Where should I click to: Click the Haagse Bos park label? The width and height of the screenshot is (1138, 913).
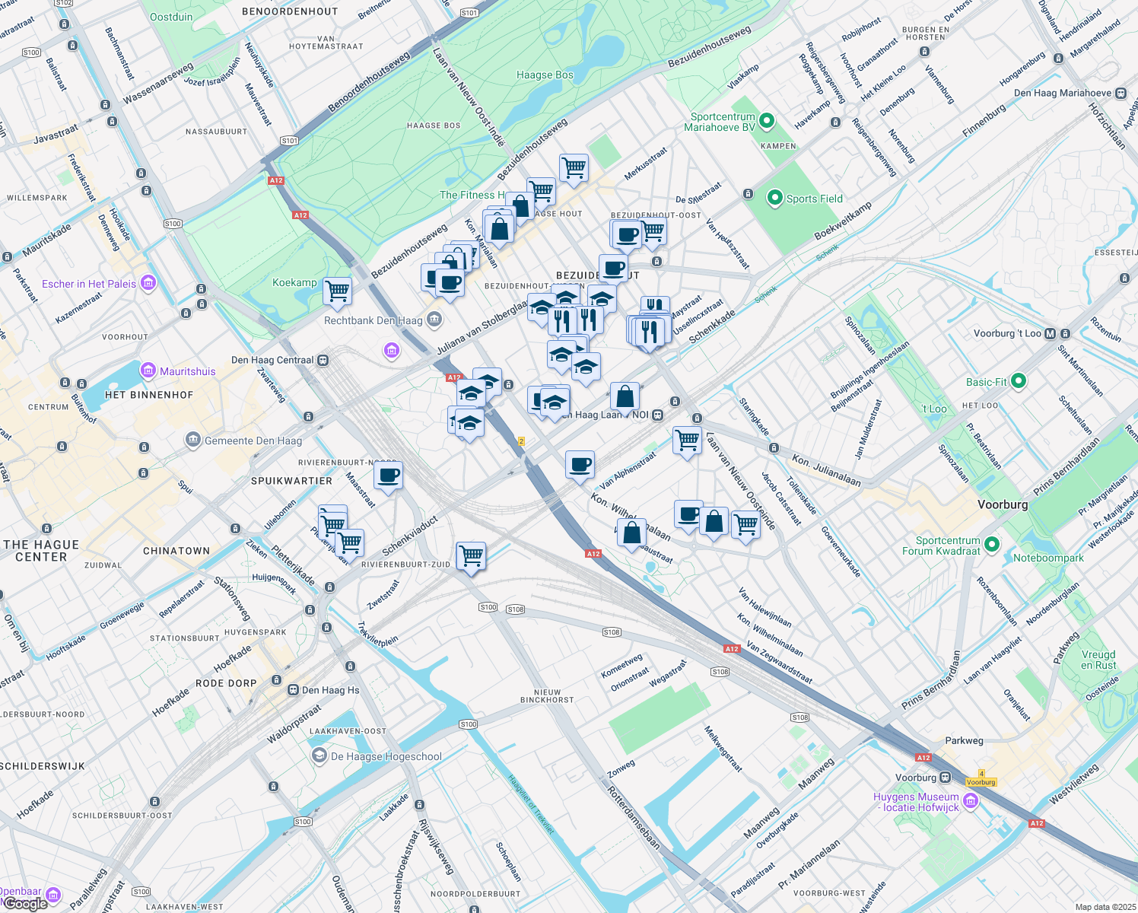pyautogui.click(x=545, y=75)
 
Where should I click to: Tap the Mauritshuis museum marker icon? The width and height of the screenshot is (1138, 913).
pyautogui.click(x=148, y=371)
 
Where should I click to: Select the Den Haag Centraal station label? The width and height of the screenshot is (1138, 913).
pyautogui.click(x=272, y=361)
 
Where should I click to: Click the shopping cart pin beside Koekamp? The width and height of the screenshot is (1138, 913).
pyautogui.click(x=337, y=291)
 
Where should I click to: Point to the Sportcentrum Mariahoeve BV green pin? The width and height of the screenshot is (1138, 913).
pyautogui.click(x=767, y=121)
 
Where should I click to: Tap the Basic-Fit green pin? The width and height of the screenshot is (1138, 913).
pyautogui.click(x=1019, y=382)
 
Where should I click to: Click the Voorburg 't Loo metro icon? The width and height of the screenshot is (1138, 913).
pyautogui.click(x=1051, y=334)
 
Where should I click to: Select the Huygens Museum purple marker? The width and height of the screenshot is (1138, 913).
pyautogui.click(x=970, y=800)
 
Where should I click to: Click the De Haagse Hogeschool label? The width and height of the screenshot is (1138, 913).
pyautogui.click(x=386, y=757)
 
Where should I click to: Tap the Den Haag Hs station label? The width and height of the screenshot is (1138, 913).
pyautogui.click(x=330, y=691)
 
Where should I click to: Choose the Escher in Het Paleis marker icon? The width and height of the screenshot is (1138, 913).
pyautogui.click(x=148, y=284)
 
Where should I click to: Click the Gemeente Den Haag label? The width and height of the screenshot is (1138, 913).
pyautogui.click(x=253, y=441)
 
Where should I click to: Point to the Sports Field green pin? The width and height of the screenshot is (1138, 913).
pyautogui.click(x=774, y=199)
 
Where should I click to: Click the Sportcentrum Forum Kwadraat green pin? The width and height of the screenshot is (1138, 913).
pyautogui.click(x=991, y=545)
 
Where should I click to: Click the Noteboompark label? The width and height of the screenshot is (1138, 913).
pyautogui.click(x=1048, y=558)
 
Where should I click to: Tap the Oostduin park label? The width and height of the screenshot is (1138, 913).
pyautogui.click(x=171, y=17)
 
